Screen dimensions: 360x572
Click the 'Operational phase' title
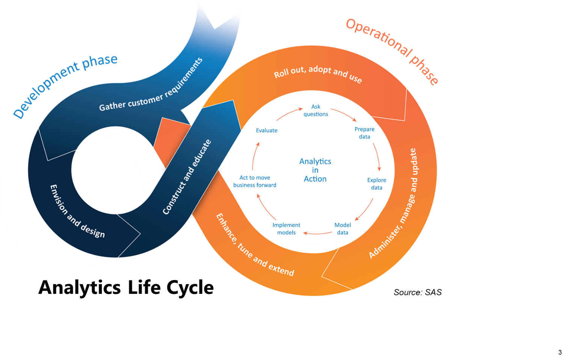pyautogui.click(x=392, y=50)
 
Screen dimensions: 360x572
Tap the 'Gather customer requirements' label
pyautogui.click(x=151, y=85)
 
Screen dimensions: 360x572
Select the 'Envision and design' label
pyautogui.click(x=77, y=212)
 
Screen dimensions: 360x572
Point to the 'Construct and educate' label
pyautogui.click(x=187, y=177)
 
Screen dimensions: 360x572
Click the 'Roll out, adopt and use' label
pyautogui.click(x=318, y=73)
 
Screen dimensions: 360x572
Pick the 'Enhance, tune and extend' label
pyautogui.click(x=255, y=245)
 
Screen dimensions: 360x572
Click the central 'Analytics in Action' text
pyautogui.click(x=315, y=170)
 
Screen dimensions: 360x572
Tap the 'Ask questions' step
pyautogui.click(x=315, y=110)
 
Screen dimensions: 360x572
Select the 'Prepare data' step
pyautogui.click(x=364, y=133)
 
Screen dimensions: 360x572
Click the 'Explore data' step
pyautogui.click(x=377, y=184)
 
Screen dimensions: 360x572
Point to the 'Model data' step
pyautogui.click(x=343, y=229)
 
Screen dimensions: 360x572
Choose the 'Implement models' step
pyautogui.click(x=286, y=229)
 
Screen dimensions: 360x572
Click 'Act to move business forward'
pyautogui.click(x=255, y=181)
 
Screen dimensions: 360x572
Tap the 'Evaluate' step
pyautogui.click(x=267, y=131)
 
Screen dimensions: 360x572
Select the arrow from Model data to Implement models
pyautogui.click(x=318, y=233)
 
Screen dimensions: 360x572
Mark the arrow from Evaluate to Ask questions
pyautogui.click(x=289, y=113)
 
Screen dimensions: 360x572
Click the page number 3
pyautogui.click(x=560, y=352)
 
